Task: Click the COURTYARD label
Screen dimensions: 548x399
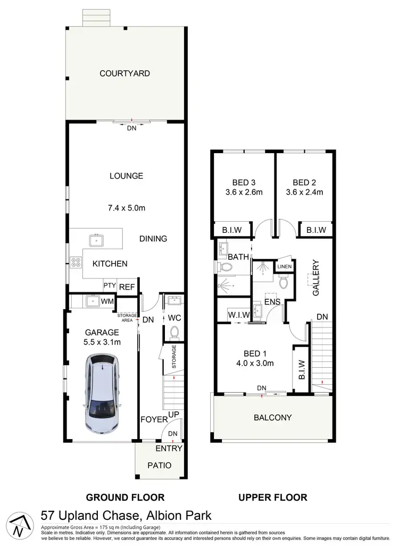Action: coord(125,73)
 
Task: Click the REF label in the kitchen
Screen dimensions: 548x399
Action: coord(127,286)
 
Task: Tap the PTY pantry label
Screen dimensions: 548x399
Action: coord(110,285)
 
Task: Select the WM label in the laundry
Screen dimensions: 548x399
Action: coord(107,302)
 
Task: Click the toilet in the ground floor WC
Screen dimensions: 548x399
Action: coord(173,332)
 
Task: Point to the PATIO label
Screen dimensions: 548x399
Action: coord(160,465)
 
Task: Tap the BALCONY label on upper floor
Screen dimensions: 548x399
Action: coord(273,417)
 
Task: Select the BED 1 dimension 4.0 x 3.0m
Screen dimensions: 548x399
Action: coord(255,364)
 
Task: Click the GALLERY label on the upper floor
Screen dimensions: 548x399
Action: coord(315,278)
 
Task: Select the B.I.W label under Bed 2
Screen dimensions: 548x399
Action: coord(315,230)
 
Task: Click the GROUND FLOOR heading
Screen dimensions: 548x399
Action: coord(125,498)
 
